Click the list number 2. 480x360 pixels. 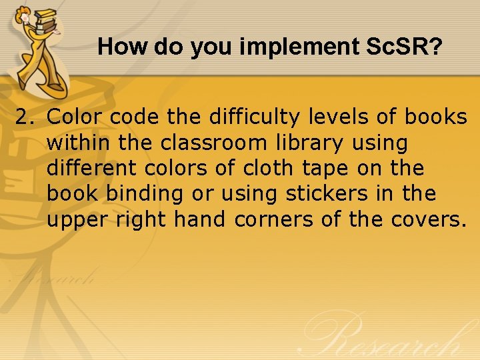pos(25,117)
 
